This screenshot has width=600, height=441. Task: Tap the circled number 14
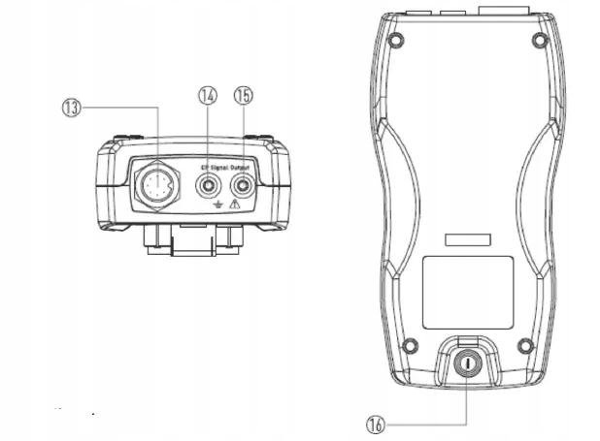pyautogui.click(x=206, y=95)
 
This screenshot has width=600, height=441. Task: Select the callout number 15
pyautogui.click(x=242, y=95)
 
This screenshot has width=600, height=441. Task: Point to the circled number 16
pyautogui.click(x=377, y=424)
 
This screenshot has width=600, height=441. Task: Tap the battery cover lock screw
pyautogui.click(x=467, y=364)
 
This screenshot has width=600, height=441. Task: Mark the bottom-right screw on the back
pyautogui.click(x=525, y=344)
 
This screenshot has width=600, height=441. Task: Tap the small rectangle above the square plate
pyautogui.click(x=467, y=238)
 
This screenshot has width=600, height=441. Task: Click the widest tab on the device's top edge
pyautogui.click(x=507, y=9)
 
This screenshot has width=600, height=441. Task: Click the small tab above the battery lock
pyautogui.click(x=467, y=337)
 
